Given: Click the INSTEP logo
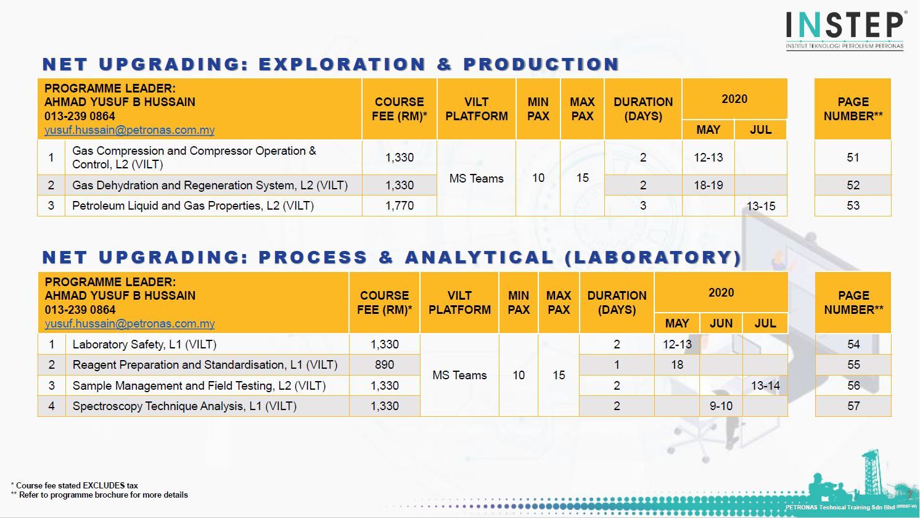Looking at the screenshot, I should click(x=844, y=29).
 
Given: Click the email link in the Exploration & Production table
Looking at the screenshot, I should click(x=129, y=130).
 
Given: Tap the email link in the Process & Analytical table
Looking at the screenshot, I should click(x=129, y=324).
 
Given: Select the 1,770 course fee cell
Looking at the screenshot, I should click(x=400, y=206).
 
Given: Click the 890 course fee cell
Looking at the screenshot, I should click(x=384, y=365).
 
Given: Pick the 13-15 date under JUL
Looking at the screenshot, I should click(x=761, y=206).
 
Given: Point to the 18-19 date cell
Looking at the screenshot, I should click(x=708, y=185).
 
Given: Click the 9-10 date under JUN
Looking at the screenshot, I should click(x=721, y=406).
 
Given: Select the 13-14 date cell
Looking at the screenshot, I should click(x=765, y=386).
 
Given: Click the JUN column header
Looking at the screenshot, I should click(x=721, y=323).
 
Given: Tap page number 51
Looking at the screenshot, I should click(x=853, y=158).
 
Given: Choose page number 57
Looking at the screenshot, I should click(x=853, y=406).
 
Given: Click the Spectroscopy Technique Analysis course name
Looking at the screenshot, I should click(x=184, y=406).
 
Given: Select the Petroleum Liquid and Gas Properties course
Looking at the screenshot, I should click(x=193, y=206).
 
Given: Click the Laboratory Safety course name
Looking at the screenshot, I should click(x=144, y=345).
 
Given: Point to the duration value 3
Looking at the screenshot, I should click(x=643, y=206).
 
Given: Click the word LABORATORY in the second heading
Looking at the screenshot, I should click(x=653, y=258).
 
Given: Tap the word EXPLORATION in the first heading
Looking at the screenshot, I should click(x=342, y=64).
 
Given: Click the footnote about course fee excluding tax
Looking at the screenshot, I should click(x=75, y=485).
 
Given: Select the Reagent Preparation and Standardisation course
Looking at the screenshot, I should click(x=205, y=365).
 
